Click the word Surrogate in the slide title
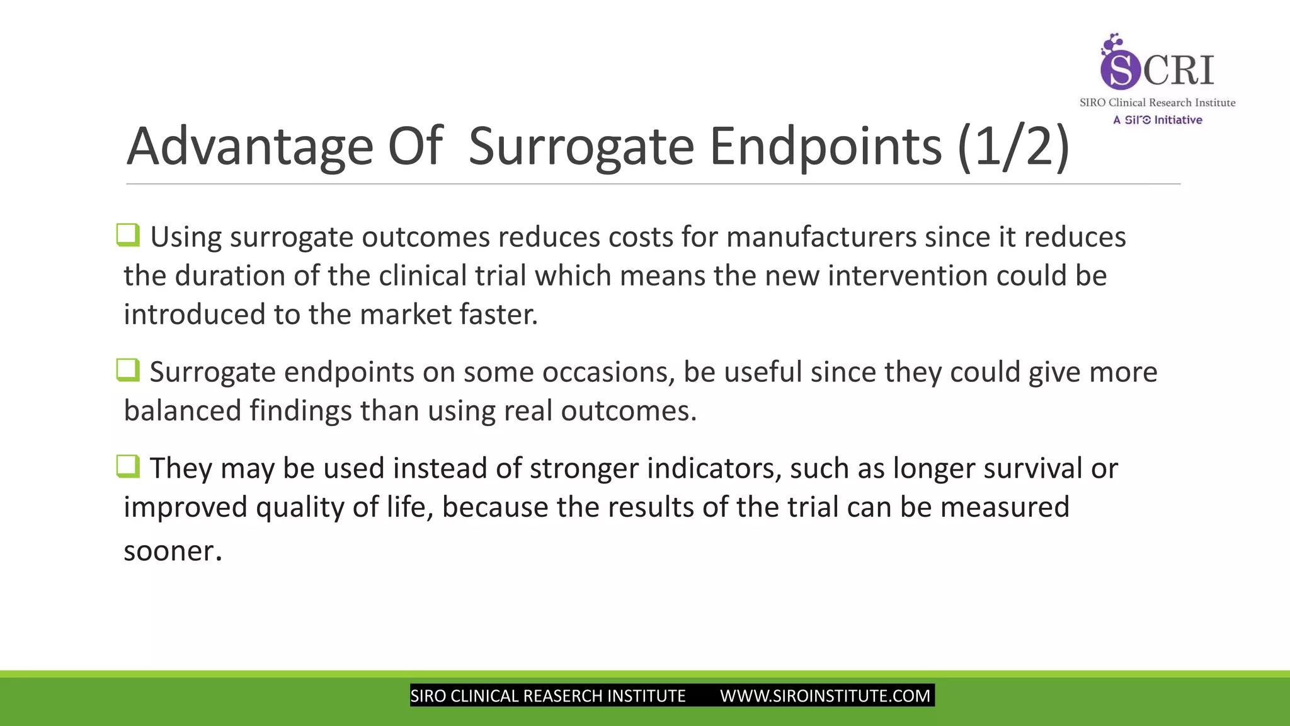[x=581, y=146]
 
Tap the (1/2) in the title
[x=1013, y=146]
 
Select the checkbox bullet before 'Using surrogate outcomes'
[x=128, y=235]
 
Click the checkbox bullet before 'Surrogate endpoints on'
[x=128, y=370]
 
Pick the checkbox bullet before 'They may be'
[x=128, y=466]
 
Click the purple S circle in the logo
[x=1120, y=69]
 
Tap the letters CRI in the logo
[x=1179, y=69]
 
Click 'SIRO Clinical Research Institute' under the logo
[x=1157, y=103]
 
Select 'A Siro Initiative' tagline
[x=1157, y=120]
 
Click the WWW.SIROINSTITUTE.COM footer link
[x=825, y=696]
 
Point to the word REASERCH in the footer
[x=562, y=696]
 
